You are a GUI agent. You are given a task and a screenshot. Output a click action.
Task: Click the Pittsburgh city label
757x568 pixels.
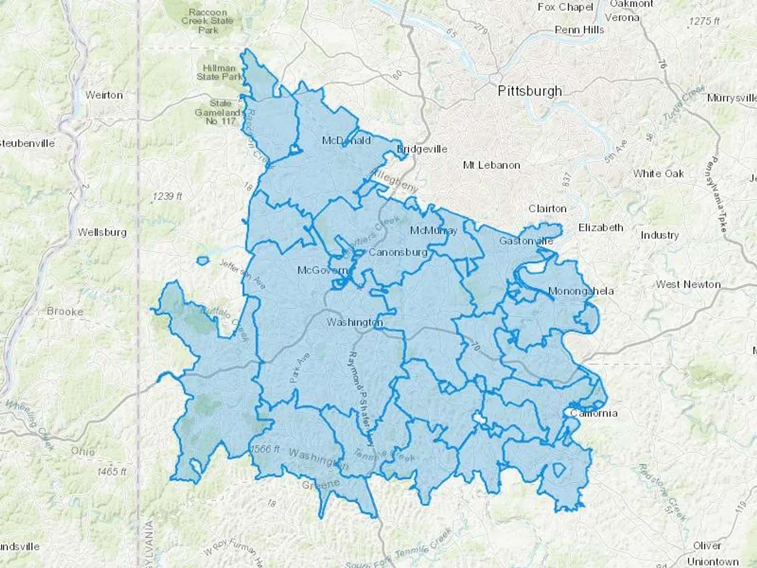pos(529,91)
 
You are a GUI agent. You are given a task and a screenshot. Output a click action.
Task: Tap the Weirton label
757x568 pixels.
pos(104,95)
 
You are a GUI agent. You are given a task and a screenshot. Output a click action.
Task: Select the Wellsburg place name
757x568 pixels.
pos(102,232)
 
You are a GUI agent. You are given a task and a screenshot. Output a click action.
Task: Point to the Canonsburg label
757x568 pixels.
pos(398,252)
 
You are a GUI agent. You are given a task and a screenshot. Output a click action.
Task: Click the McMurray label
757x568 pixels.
pos(434,230)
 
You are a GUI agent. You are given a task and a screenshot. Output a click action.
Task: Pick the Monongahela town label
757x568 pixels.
pos(581,291)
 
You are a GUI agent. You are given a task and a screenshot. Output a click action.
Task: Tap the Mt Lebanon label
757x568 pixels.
pos(491,165)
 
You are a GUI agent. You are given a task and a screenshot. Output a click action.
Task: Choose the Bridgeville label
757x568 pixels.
pos(422,149)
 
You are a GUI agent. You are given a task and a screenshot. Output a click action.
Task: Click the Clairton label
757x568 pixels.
pos(547,209)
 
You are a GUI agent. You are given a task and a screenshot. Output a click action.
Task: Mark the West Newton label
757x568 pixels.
pos(688,284)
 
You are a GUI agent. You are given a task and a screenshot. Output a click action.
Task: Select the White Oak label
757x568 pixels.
pos(658,173)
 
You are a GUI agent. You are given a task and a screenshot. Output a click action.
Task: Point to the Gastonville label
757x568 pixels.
pos(526,241)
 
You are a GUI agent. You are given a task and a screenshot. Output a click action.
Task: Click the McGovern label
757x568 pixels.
pos(323,270)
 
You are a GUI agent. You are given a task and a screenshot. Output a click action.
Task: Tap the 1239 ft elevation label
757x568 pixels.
pos(167,196)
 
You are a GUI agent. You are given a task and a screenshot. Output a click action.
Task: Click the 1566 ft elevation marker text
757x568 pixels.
pos(265,449)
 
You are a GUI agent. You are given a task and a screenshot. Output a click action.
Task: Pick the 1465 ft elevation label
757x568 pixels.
pos(111,472)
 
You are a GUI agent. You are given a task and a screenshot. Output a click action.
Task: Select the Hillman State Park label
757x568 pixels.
pos(219,72)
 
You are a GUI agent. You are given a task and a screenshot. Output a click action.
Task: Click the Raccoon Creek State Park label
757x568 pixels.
pos(207,21)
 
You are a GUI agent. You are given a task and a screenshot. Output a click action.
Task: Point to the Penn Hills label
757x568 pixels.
pos(579,30)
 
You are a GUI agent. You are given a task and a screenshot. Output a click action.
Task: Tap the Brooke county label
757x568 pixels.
pos(65,311)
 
